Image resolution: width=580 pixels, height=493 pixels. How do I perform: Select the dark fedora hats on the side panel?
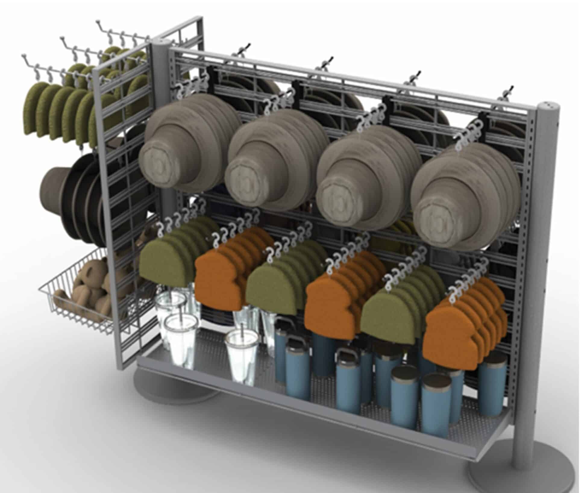click(x=75, y=193)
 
